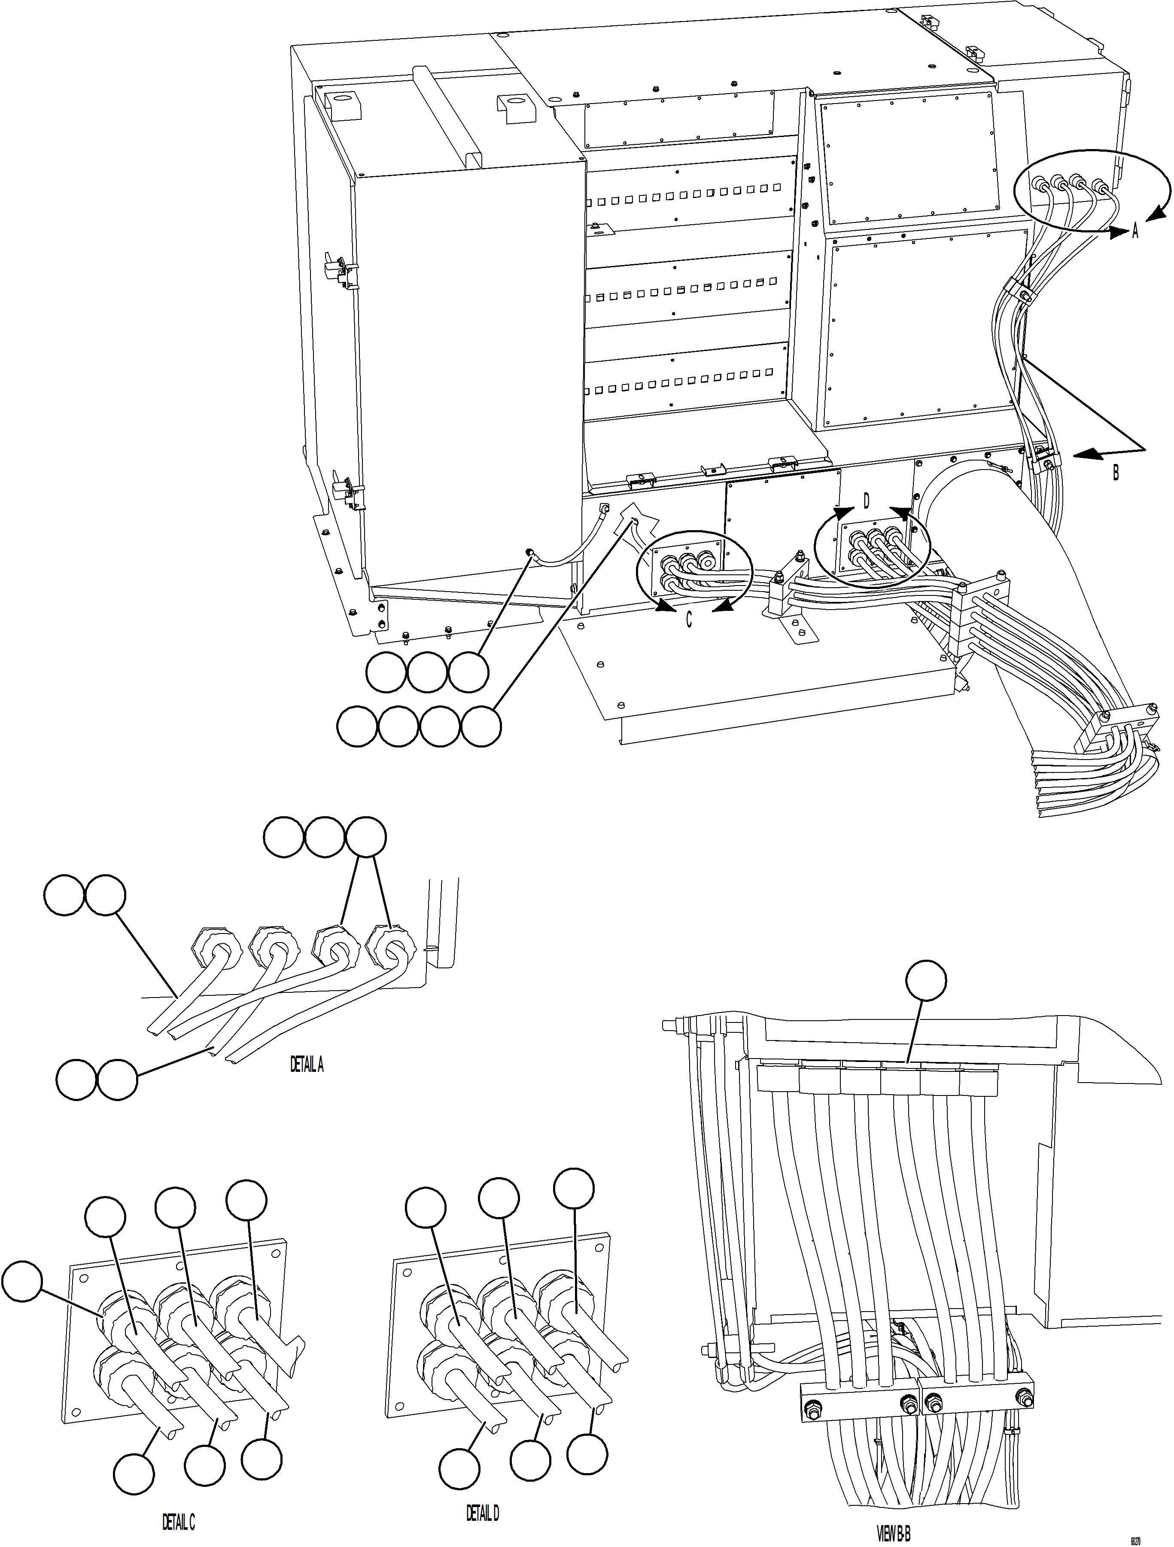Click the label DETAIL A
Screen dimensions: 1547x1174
click(x=307, y=1065)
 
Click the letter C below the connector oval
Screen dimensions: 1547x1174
click(x=689, y=619)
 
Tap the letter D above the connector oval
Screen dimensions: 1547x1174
click(x=867, y=501)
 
